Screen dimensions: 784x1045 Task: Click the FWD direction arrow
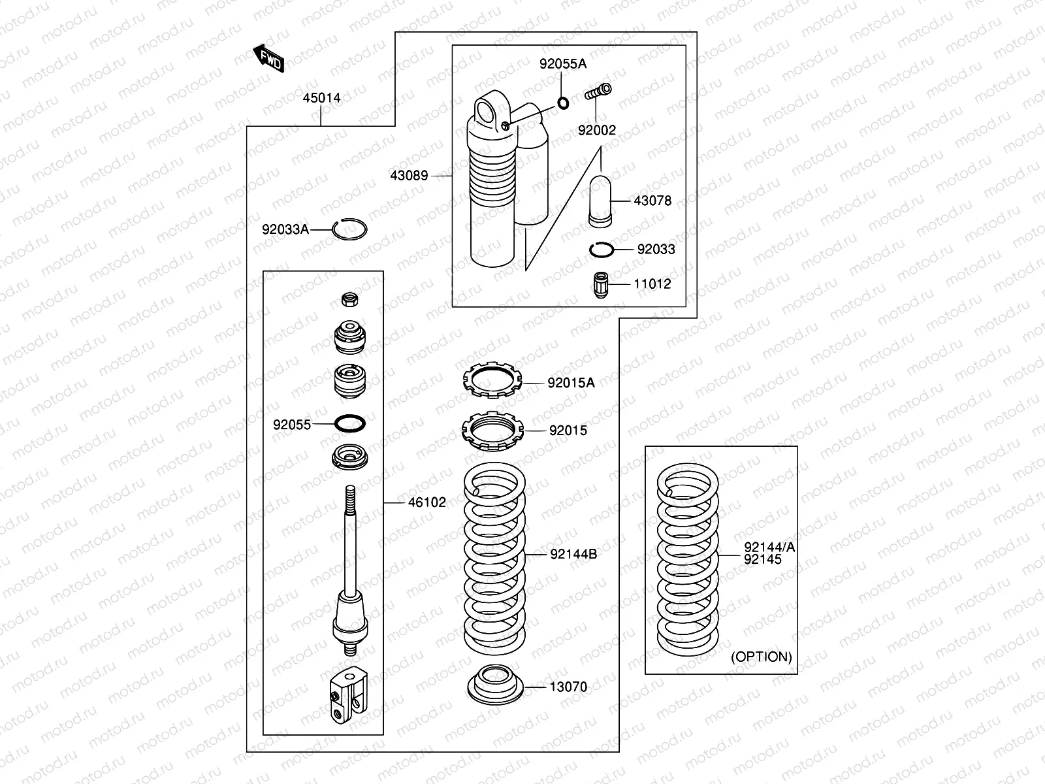(268, 59)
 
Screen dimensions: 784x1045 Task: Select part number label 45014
(321, 98)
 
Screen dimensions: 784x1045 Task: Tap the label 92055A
(562, 63)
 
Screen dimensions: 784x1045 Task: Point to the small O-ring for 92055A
(562, 102)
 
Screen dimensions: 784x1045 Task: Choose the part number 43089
(409, 176)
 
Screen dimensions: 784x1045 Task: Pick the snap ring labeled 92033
(600, 249)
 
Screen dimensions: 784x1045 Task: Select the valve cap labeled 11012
(600, 284)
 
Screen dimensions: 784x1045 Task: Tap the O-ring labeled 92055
(349, 423)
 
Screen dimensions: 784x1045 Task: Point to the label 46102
(427, 502)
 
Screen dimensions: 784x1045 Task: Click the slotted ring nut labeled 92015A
(494, 381)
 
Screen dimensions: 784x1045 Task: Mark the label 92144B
(573, 554)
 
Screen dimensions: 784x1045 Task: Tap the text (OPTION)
(761, 657)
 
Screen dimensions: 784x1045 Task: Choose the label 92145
(762, 560)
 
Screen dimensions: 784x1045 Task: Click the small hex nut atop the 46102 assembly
(349, 300)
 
